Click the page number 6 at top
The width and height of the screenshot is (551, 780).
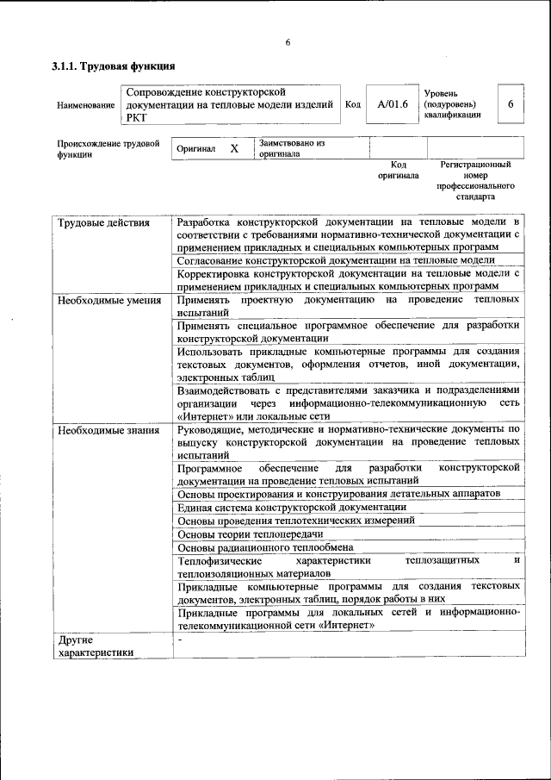[288, 42]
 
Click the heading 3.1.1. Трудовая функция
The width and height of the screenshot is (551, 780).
[114, 66]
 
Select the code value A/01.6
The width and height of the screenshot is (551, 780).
[391, 104]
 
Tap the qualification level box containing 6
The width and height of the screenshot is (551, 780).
[511, 104]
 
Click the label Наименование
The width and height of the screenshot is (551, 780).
[85, 105]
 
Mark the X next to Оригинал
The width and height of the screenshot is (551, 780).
[234, 149]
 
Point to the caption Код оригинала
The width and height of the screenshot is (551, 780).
[398, 170]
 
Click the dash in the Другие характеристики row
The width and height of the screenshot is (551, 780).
[179, 640]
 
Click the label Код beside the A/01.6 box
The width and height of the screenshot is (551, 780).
[352, 104]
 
